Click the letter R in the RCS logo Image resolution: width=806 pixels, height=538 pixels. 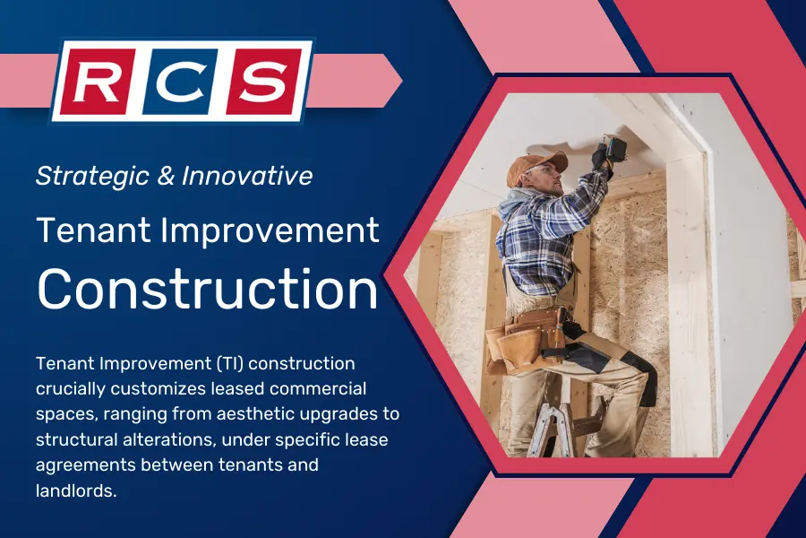[101, 82]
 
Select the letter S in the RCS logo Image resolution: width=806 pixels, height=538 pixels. [257, 82]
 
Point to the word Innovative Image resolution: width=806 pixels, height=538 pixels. [247, 177]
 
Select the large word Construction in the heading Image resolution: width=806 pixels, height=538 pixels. [208, 289]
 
